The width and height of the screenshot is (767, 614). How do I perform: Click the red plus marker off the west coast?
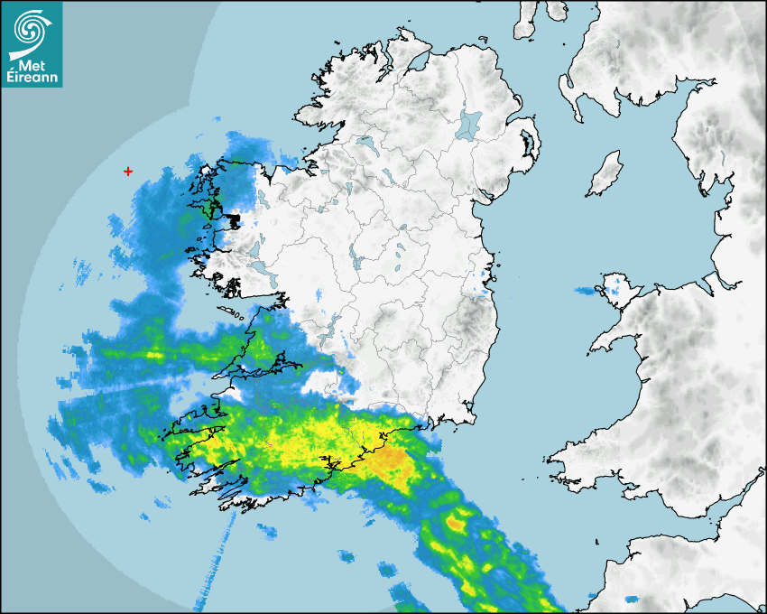[x=128, y=171]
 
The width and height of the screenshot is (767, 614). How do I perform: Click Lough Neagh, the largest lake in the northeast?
[x=469, y=124]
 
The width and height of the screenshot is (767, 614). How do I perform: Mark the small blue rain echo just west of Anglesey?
[x=586, y=291]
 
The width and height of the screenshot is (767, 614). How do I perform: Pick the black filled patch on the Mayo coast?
[x=234, y=220]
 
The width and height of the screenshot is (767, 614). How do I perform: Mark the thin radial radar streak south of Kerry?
[x=215, y=560]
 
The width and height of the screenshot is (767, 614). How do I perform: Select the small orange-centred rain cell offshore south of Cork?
[x=456, y=521]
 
